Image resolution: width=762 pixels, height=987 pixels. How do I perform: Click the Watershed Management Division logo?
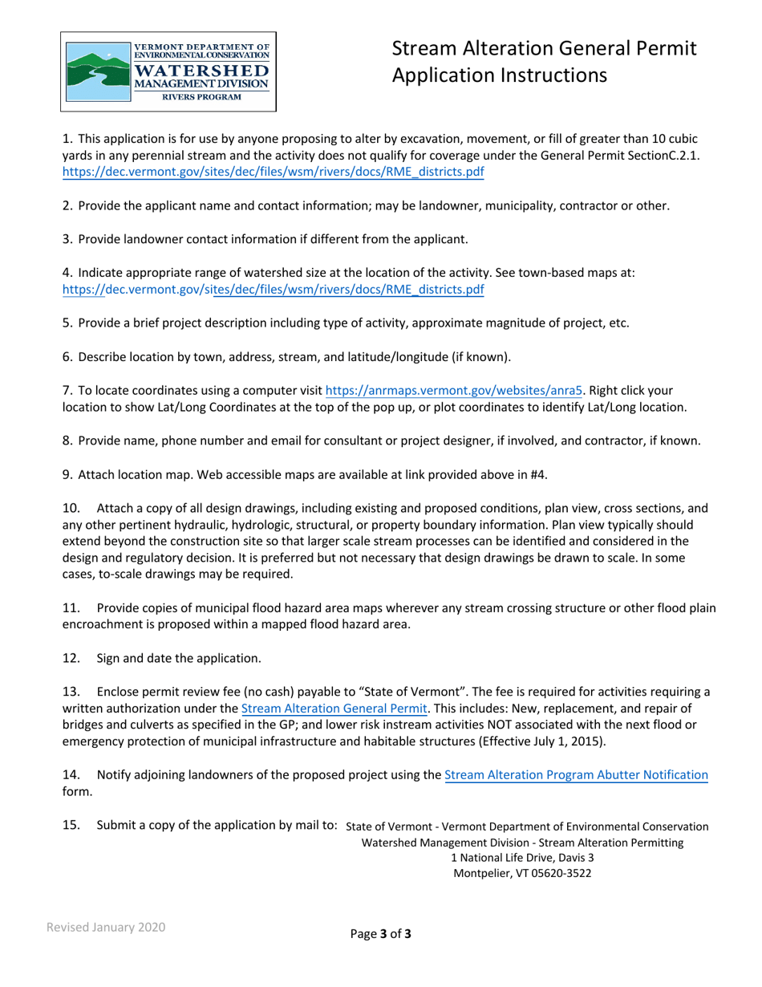(169, 72)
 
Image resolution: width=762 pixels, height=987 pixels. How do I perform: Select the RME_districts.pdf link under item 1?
(273, 172)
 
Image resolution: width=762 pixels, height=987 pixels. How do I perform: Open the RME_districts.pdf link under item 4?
(273, 290)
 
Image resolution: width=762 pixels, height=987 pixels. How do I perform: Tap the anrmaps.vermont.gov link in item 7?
(454, 391)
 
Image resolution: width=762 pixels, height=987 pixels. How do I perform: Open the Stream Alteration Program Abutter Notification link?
(576, 775)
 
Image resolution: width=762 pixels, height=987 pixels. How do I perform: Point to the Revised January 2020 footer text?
(105, 927)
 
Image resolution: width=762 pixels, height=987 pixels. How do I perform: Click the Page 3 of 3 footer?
(381, 933)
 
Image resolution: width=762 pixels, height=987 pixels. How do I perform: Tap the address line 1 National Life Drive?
(518, 858)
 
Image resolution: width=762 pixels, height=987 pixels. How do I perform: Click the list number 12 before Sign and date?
(71, 658)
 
